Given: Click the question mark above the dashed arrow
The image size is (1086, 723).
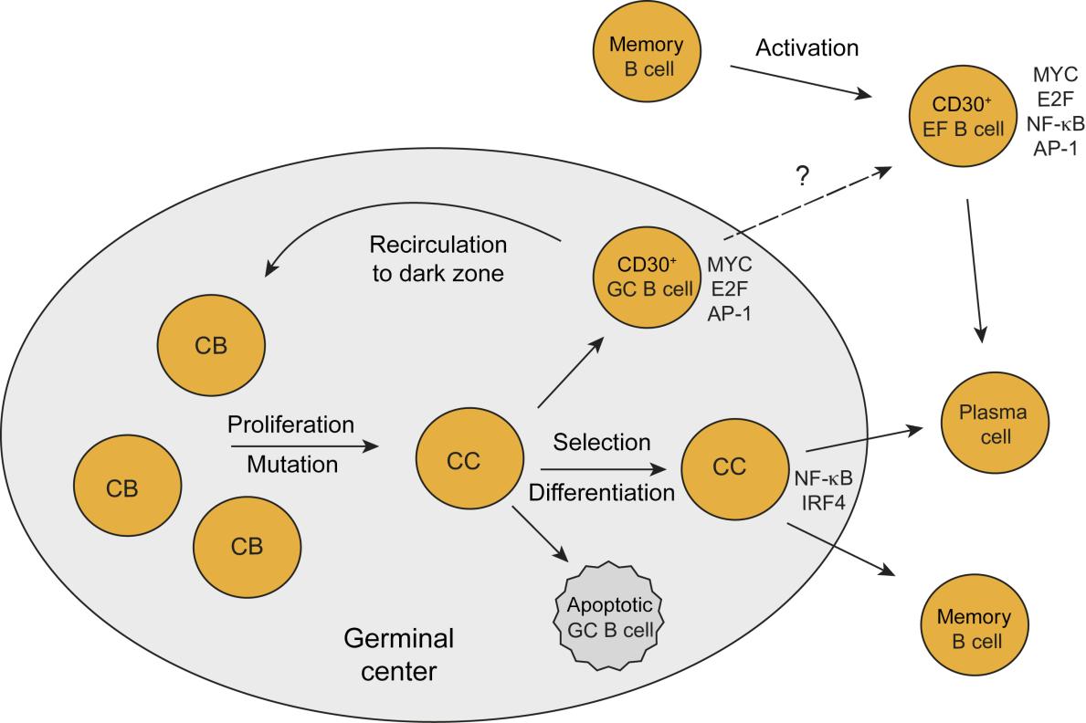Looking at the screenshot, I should coord(803,177).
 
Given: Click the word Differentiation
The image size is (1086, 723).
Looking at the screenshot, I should coord(602,494).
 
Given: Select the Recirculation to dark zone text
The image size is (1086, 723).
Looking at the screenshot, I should coord(437,259).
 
